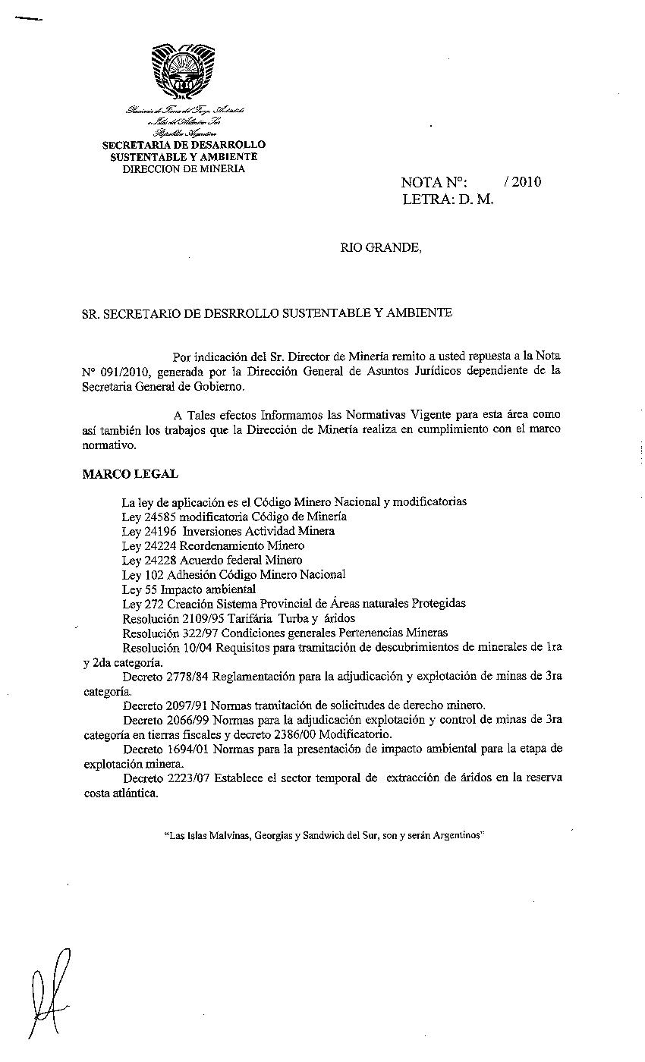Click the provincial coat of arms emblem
(x=183, y=71)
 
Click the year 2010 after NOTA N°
(x=523, y=182)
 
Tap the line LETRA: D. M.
(x=448, y=201)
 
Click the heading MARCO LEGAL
(x=130, y=474)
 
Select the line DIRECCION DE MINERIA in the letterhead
(x=184, y=169)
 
